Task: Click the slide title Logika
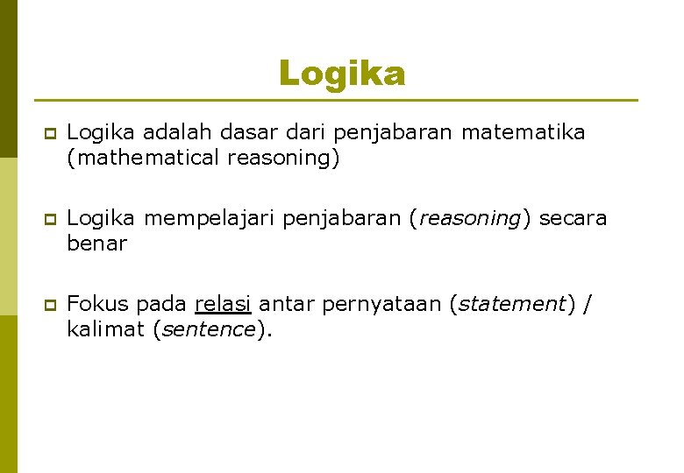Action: click(342, 74)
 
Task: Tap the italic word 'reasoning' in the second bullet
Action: click(469, 219)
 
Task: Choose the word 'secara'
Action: click(573, 218)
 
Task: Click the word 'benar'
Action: click(96, 243)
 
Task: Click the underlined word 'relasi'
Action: click(224, 304)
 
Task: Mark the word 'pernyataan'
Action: click(381, 305)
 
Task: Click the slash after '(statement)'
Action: click(588, 304)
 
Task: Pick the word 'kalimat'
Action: click(105, 329)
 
